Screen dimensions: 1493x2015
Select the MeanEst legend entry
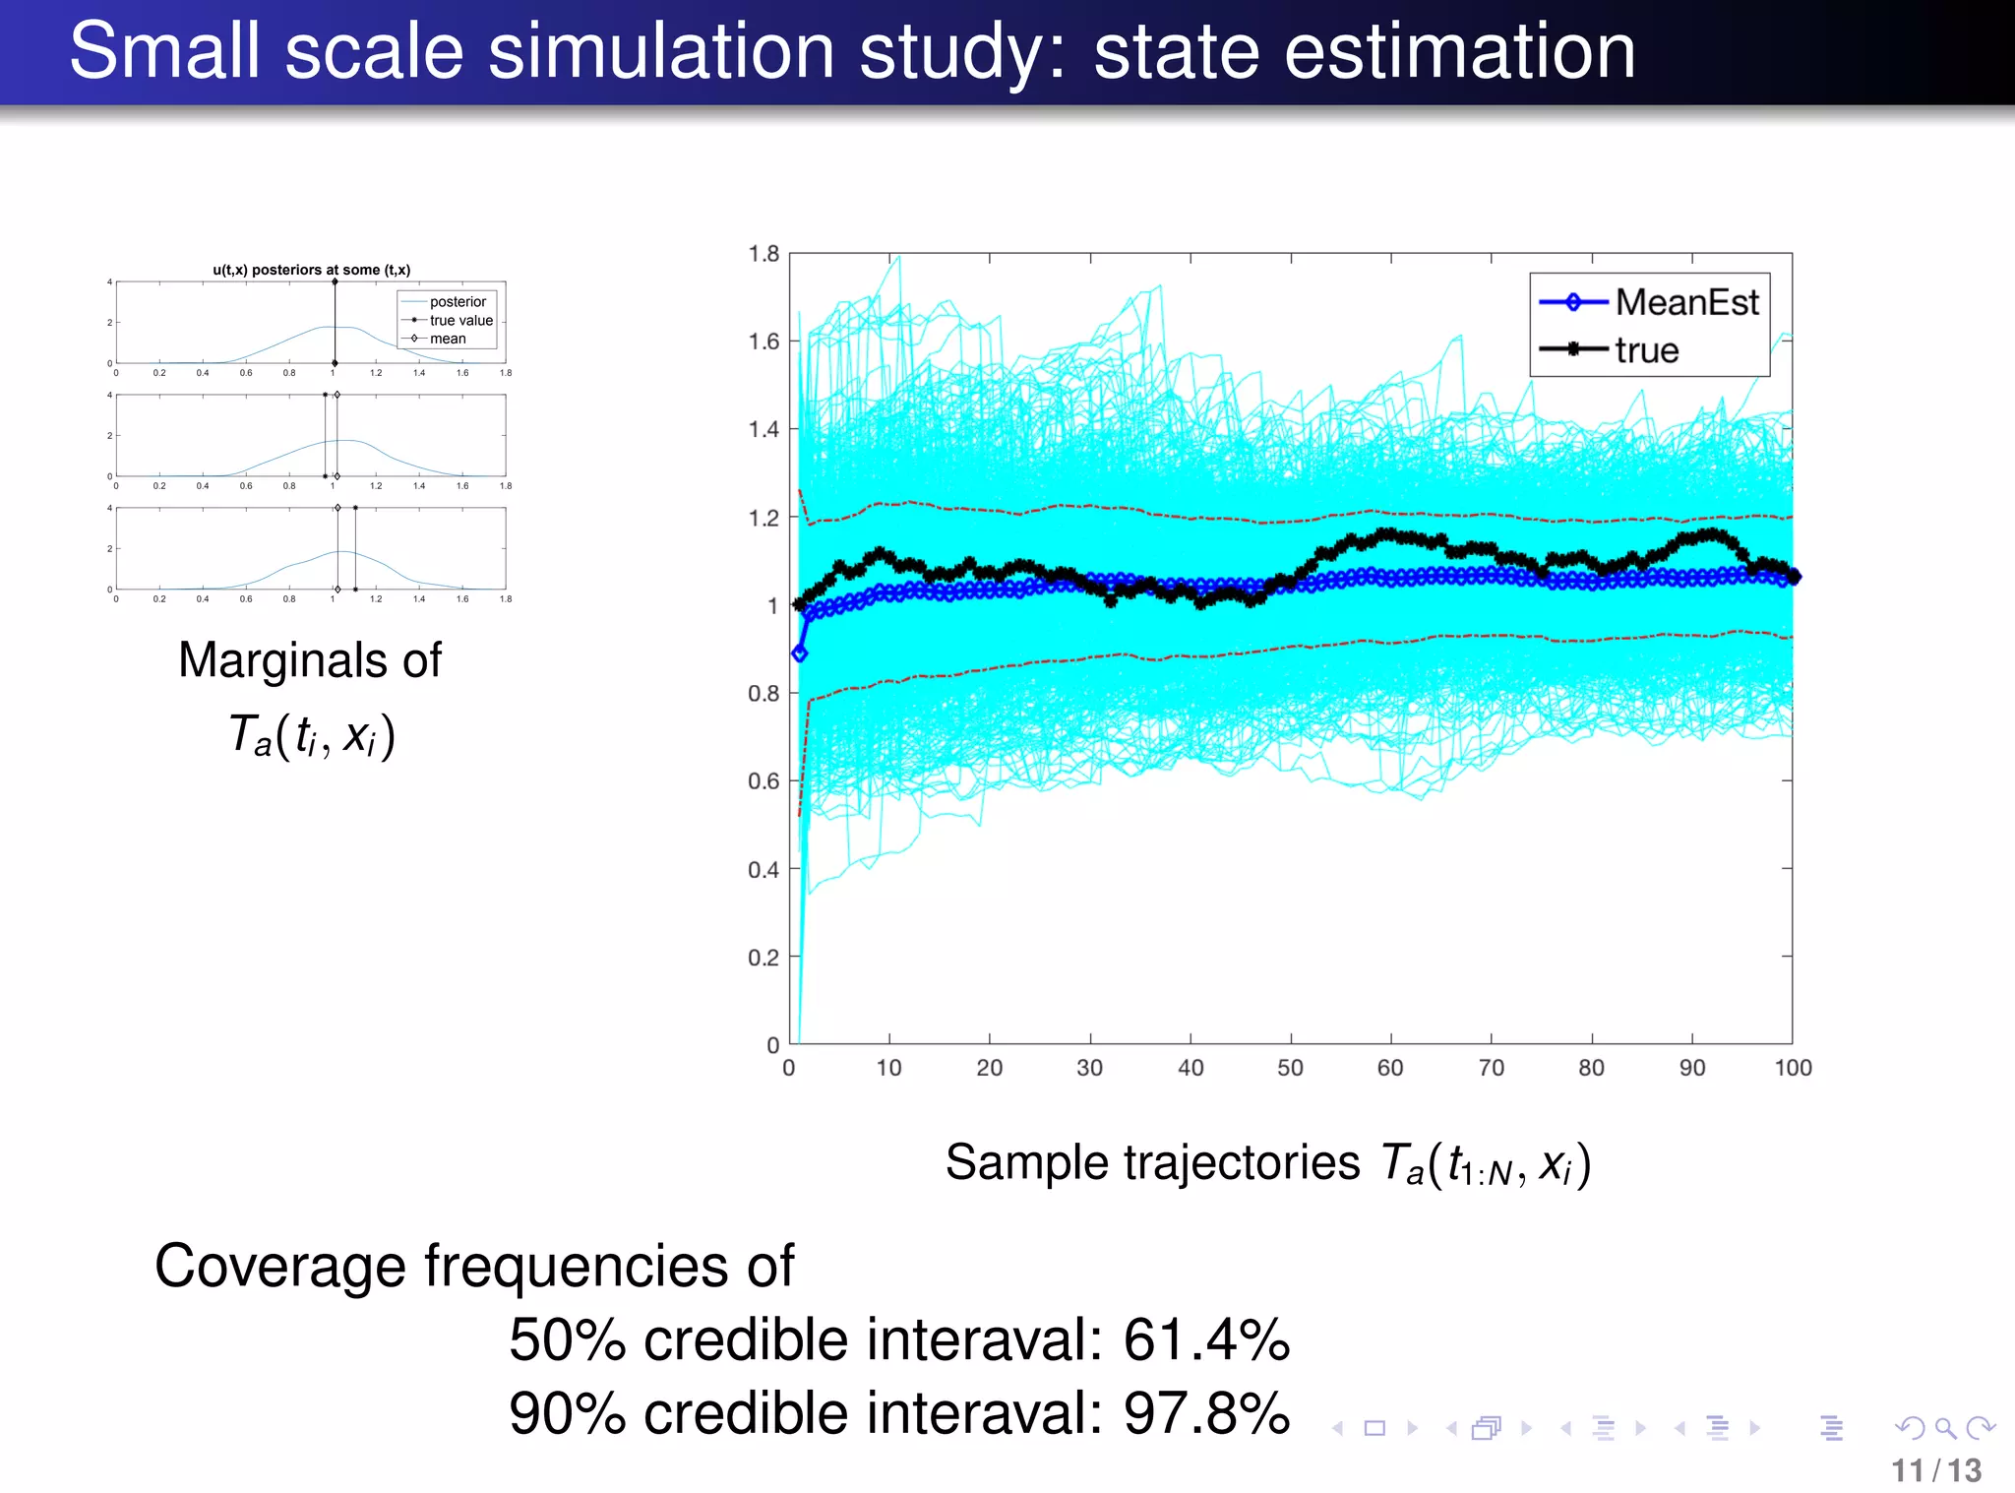1685,302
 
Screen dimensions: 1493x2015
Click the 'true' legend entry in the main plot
1646,350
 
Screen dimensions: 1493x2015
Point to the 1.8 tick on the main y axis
764,254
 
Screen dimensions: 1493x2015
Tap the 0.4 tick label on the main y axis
764,869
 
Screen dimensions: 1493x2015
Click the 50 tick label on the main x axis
1290,1068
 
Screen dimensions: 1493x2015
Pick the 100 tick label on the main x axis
1793,1068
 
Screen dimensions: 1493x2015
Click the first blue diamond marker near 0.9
799,653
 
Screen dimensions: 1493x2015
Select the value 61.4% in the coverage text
1206,1340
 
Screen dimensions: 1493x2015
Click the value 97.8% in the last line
1206,1414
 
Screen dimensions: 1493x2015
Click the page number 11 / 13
1935,1470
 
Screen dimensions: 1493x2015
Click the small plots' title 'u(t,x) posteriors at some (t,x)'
311,270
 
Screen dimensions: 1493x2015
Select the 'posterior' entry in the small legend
458,302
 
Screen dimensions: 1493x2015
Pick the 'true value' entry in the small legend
460,321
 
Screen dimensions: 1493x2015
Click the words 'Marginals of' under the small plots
310,660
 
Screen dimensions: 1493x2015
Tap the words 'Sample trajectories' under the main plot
1152,1163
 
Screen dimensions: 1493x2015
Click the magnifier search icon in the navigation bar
1944,1427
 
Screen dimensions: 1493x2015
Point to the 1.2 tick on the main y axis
764,518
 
